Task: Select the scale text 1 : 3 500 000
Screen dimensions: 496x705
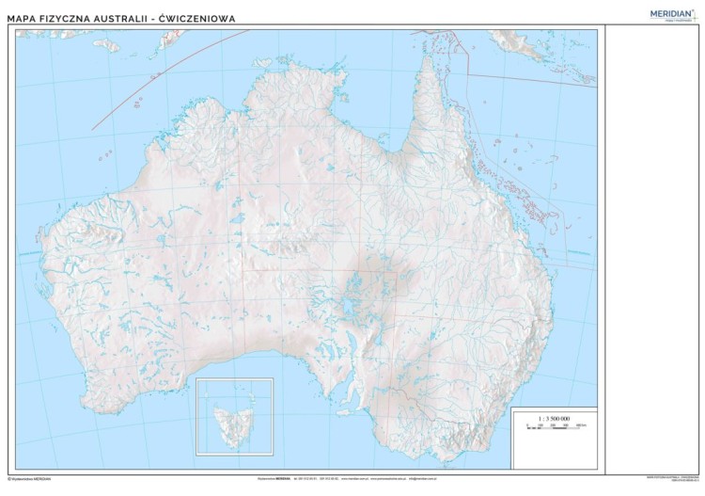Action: [x=553, y=417]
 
